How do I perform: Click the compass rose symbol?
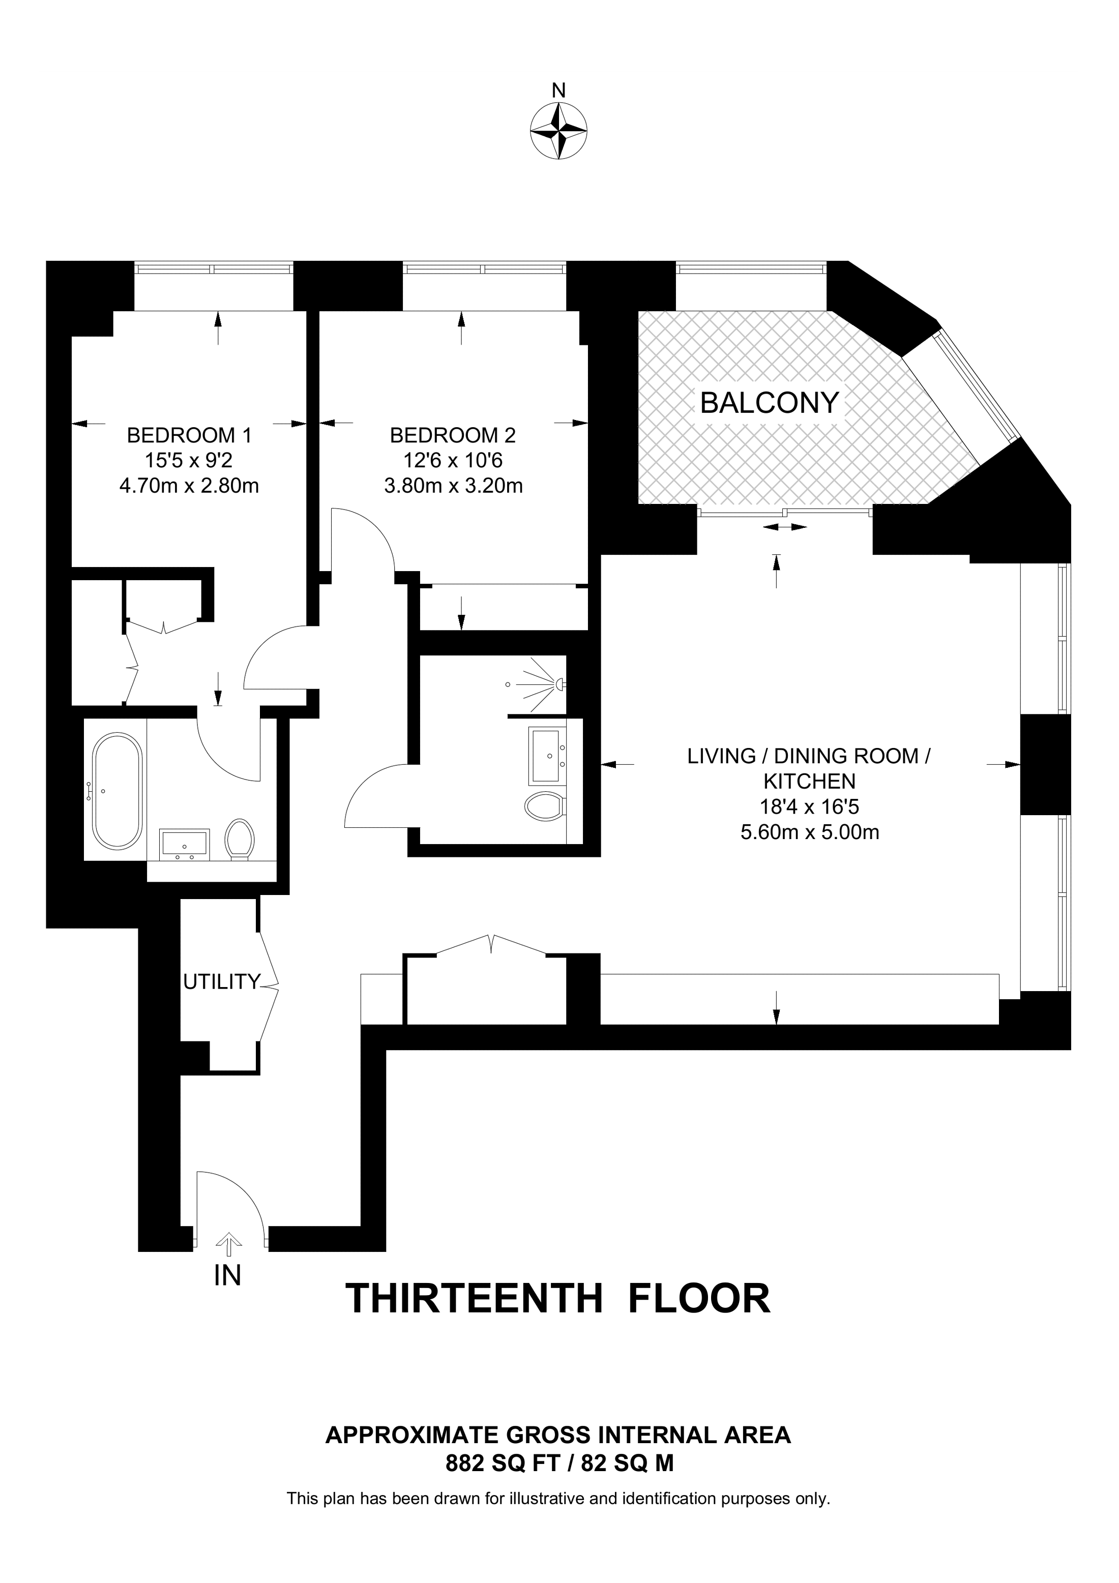[x=558, y=131]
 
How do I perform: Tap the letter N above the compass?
[x=559, y=91]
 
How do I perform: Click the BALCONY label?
[x=770, y=403]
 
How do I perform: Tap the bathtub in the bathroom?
[x=116, y=791]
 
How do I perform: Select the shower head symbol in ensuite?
[x=559, y=684]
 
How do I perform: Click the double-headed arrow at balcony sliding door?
[x=785, y=527]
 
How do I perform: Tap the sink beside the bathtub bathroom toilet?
[x=184, y=844]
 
